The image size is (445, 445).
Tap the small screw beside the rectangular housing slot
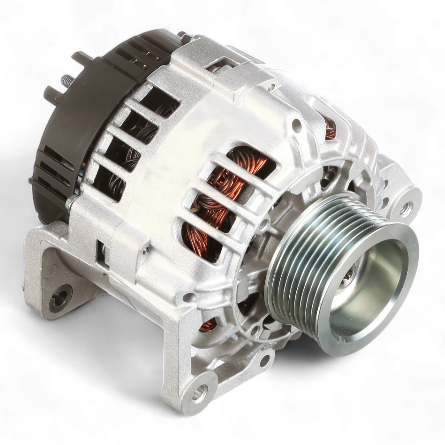coord(144,253)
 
